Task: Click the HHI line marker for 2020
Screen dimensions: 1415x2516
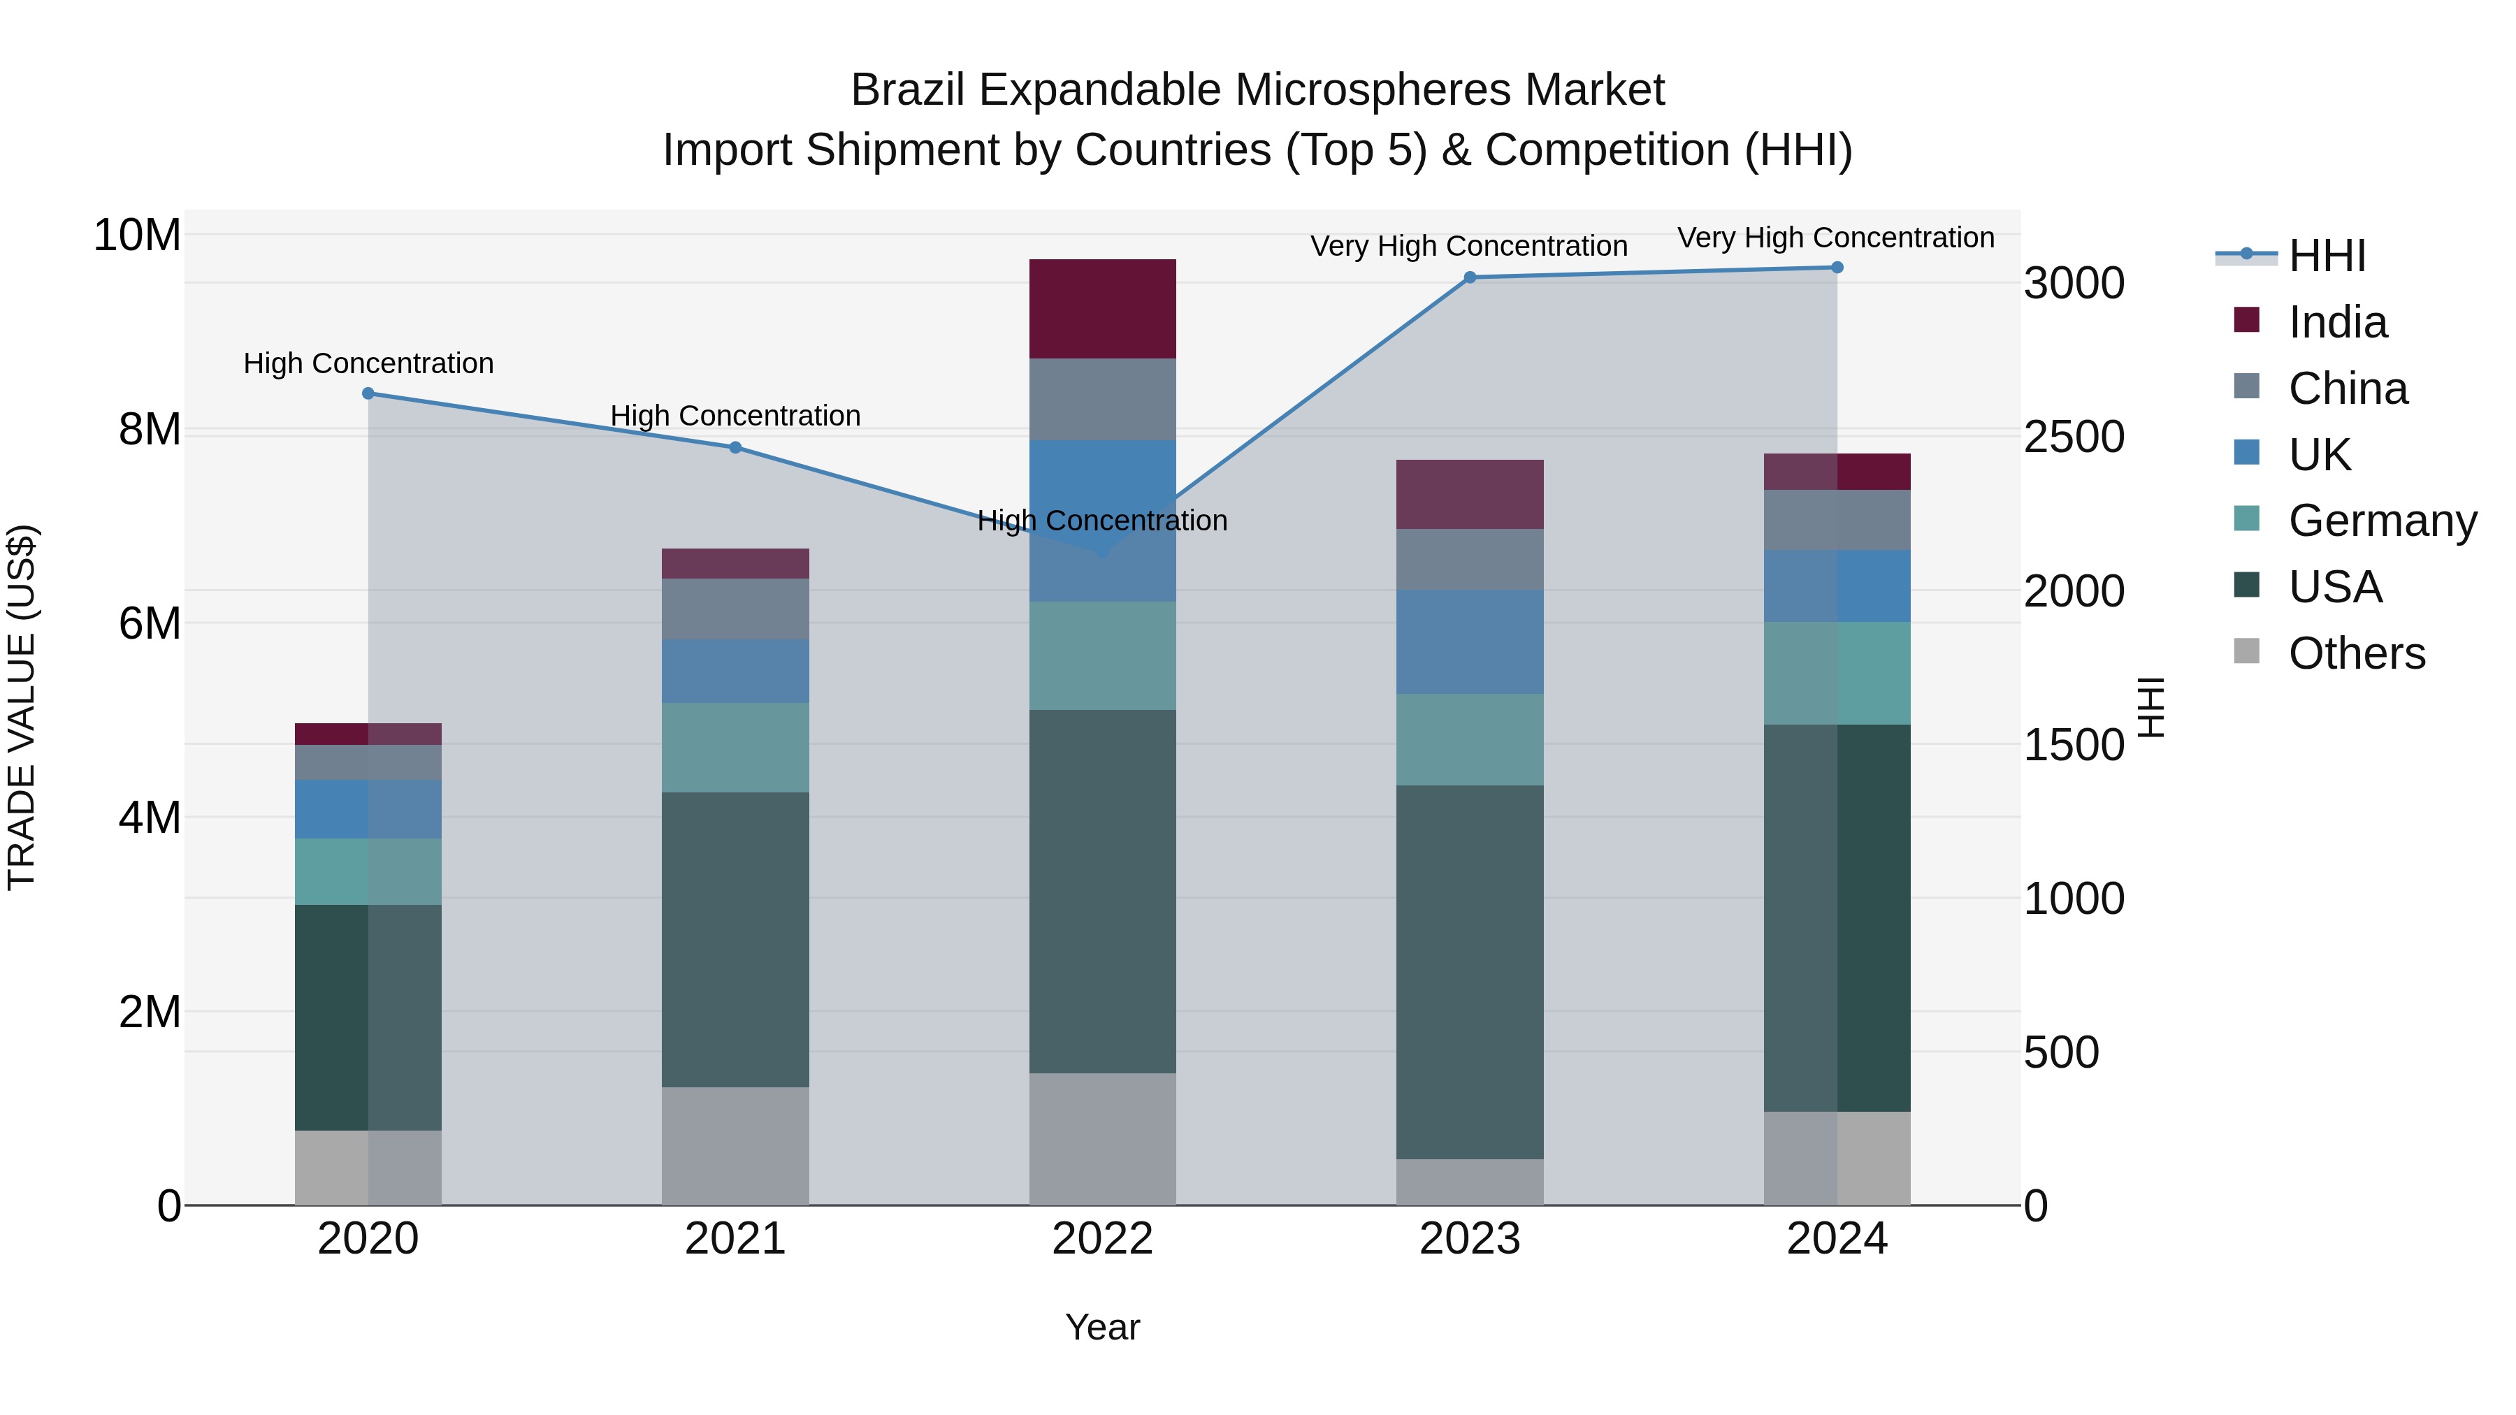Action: tap(368, 393)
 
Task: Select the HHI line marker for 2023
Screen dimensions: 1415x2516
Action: tap(1470, 277)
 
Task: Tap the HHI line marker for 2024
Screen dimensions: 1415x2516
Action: tap(1837, 268)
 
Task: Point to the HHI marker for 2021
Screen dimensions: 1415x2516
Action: tap(735, 447)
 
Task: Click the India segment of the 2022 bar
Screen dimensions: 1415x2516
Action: tap(1103, 309)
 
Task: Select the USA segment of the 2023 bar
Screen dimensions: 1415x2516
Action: tap(1470, 972)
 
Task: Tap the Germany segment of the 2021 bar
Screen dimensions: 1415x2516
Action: tap(735, 747)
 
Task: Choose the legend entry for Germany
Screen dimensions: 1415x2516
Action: tap(2383, 521)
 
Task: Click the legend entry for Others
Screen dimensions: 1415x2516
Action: tap(2356, 653)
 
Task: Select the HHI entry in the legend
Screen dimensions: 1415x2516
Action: tap(2327, 256)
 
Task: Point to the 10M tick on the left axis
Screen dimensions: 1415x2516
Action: tap(137, 235)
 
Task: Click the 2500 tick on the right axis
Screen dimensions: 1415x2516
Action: tap(2074, 437)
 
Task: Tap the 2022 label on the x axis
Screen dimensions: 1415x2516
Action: tap(1103, 1239)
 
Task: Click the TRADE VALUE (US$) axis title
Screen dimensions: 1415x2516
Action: tap(22, 707)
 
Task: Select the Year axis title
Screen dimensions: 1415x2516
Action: tap(1103, 1327)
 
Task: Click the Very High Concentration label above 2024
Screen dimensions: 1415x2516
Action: tap(1835, 238)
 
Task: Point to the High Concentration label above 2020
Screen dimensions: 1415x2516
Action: tap(368, 363)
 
